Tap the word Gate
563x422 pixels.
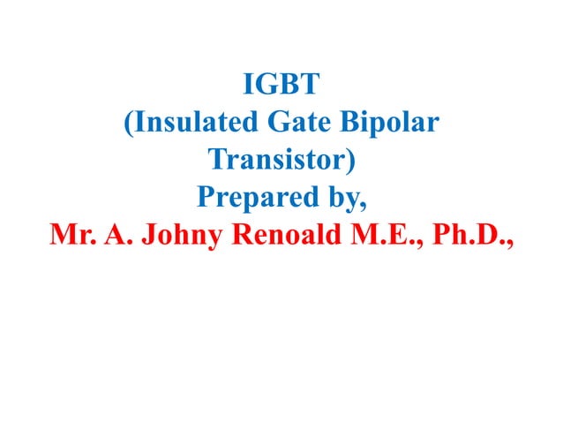point(301,124)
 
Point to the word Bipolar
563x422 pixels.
point(391,124)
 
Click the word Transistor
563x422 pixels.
point(276,162)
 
